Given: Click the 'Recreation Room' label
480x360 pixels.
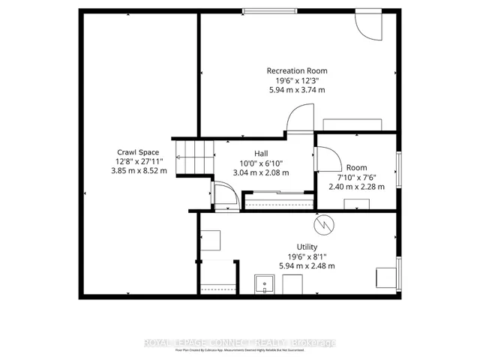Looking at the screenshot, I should click(297, 71).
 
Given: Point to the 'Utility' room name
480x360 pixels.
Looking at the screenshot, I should click(307, 247).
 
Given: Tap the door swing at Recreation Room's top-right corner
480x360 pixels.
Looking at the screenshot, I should click(368, 25).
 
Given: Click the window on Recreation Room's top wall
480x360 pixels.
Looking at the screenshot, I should click(268, 10).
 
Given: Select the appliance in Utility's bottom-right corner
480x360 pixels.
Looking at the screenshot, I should click(386, 276).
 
